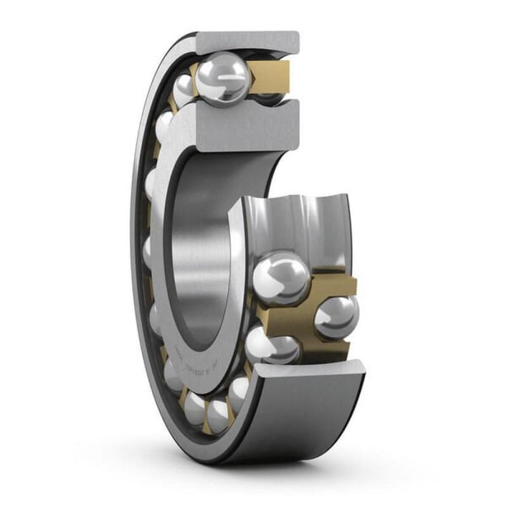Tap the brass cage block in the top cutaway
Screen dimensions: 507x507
pyautogui.click(x=271, y=74)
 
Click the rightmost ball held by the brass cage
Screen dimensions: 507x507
pyautogui.click(x=336, y=317)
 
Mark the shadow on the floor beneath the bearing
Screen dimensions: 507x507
pyautogui.click(x=253, y=464)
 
